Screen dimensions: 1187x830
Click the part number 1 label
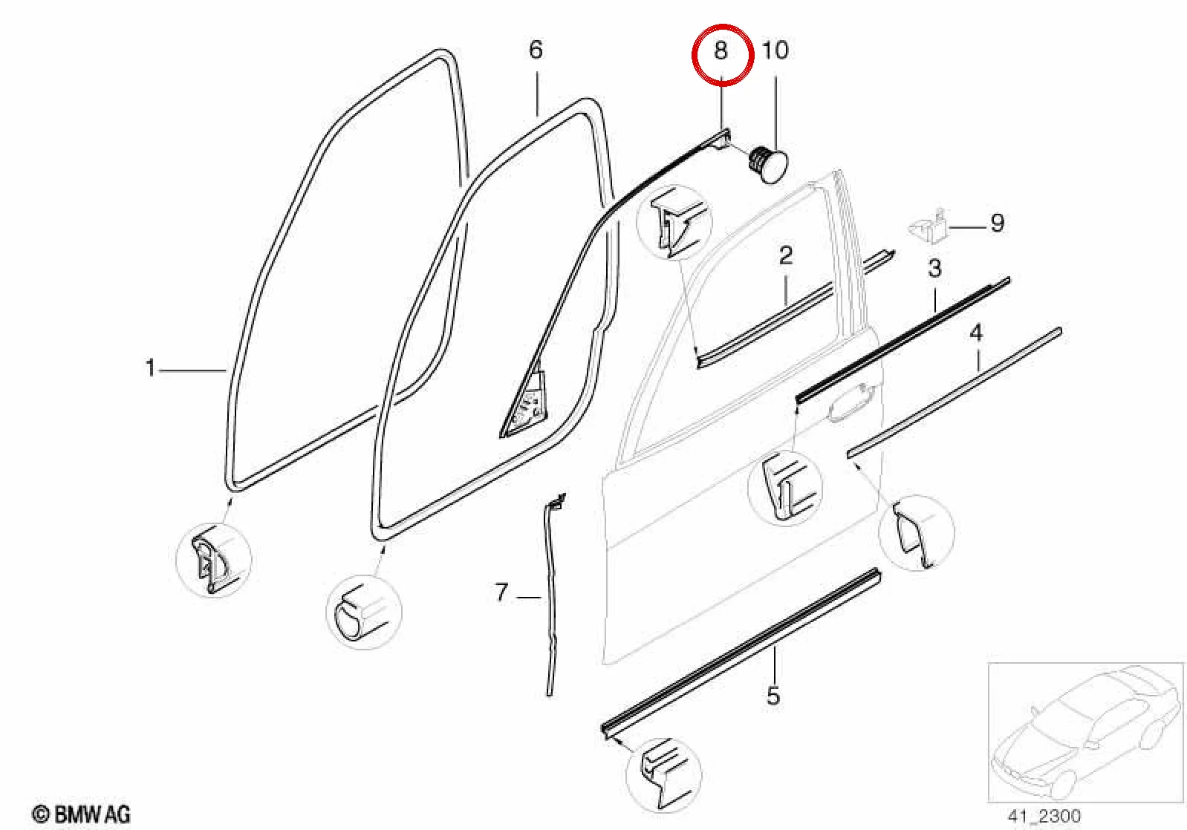[x=151, y=368]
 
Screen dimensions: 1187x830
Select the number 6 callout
[x=536, y=50]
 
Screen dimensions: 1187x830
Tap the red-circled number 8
[x=721, y=50]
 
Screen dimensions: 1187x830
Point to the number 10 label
[x=775, y=50]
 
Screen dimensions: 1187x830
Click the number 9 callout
[x=998, y=223]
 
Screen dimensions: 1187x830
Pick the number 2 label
[x=786, y=255]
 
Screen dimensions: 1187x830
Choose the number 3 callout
[x=934, y=269]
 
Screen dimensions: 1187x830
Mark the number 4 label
[x=976, y=333]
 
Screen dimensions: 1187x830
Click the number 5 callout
[x=773, y=696]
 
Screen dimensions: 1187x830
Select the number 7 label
[x=501, y=592]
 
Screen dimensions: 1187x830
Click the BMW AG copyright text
[x=81, y=814]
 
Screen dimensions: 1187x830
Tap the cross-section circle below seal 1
[x=213, y=560]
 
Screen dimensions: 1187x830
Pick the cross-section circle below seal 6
[x=363, y=612]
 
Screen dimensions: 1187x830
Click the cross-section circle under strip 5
[x=663, y=776]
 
